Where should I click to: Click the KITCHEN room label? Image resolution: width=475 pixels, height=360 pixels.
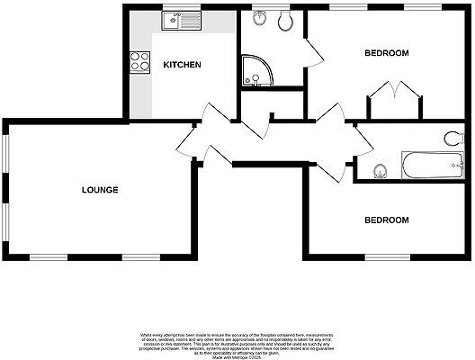click(x=182, y=65)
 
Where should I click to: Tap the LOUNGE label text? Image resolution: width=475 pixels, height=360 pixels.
click(x=100, y=189)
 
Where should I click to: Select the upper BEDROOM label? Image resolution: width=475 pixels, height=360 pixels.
click(x=386, y=53)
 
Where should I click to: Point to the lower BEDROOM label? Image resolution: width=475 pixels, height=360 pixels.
click(x=386, y=220)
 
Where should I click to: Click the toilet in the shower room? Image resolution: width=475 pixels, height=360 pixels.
click(x=286, y=22)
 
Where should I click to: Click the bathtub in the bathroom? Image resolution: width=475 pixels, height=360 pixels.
click(x=430, y=166)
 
